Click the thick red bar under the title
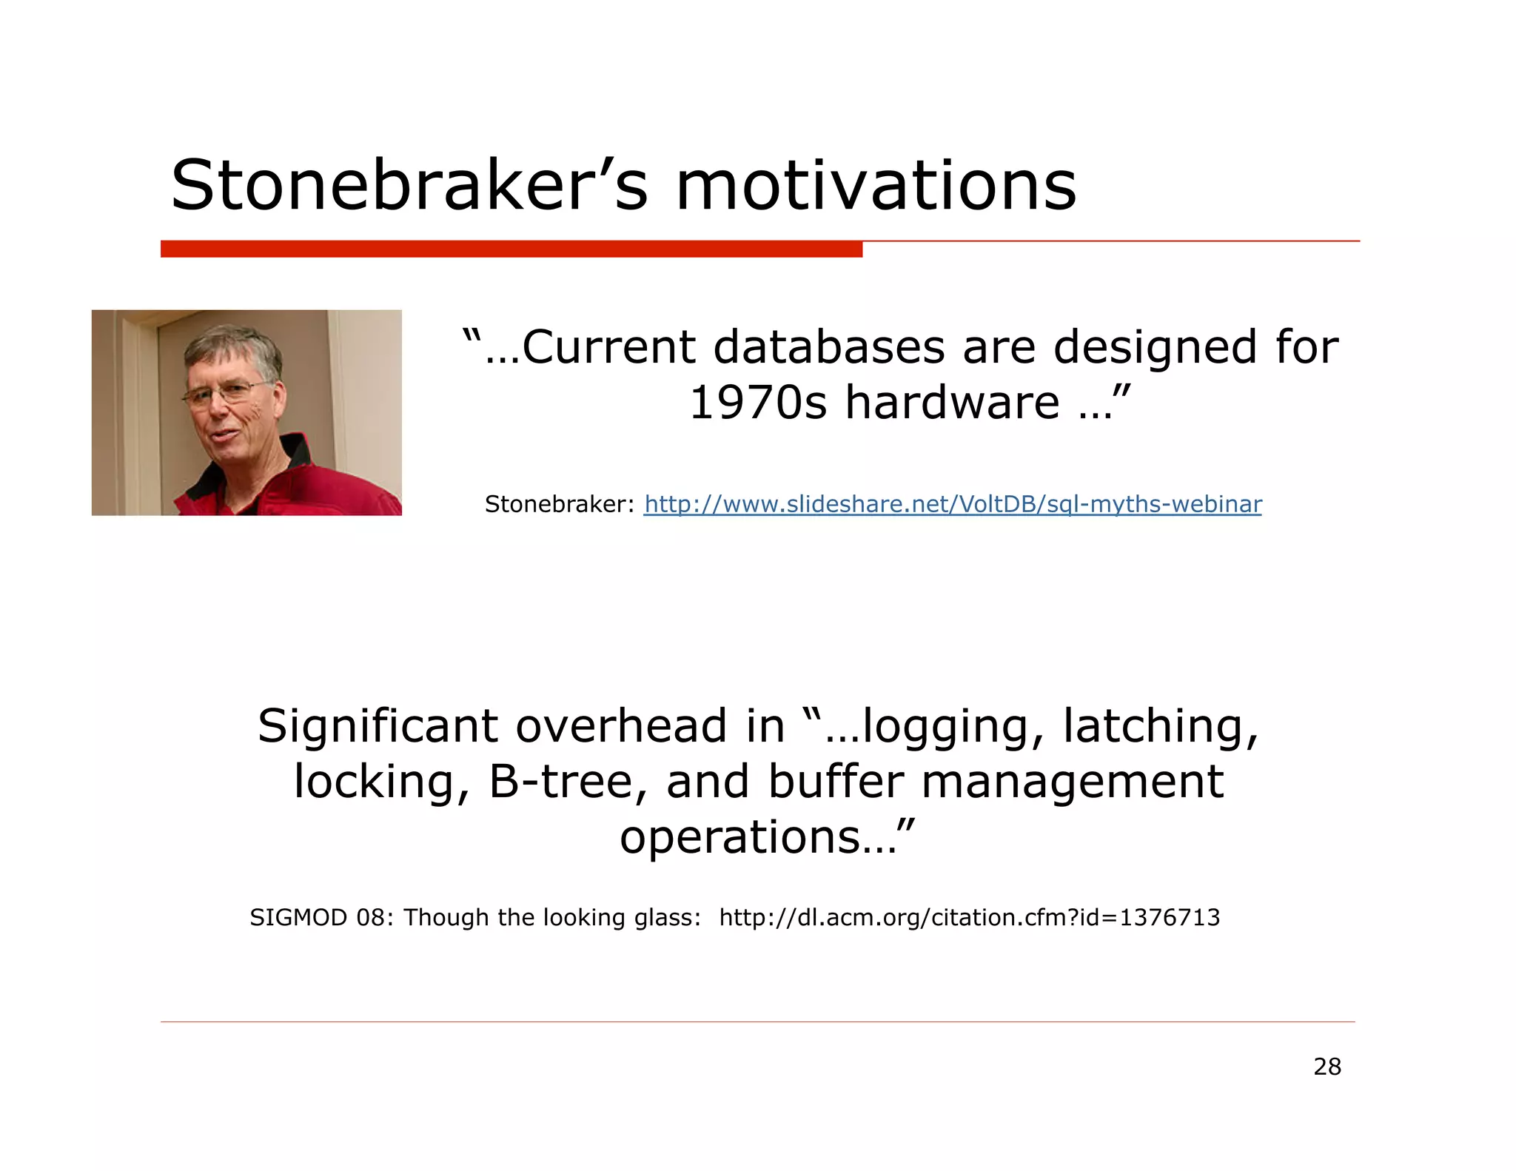pos(511,249)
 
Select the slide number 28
pos(1327,1067)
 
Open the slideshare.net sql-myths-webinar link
pos(952,504)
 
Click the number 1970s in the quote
pos(757,403)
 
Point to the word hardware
pos(952,403)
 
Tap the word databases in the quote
pos(829,347)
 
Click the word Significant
pos(378,726)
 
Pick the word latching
pos(1160,726)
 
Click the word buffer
pos(836,782)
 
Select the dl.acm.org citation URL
pos(969,918)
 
